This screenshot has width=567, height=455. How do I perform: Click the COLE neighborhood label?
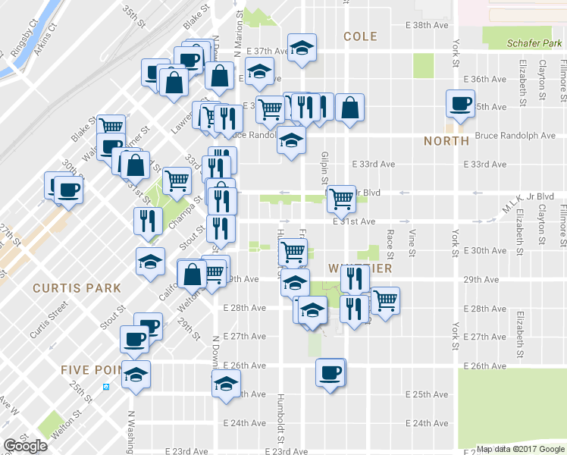(360, 36)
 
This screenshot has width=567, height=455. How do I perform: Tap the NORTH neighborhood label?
(446, 141)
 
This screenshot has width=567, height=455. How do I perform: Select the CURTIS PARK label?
(77, 288)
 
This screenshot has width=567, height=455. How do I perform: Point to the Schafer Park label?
(534, 43)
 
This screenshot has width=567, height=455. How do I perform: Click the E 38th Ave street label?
(428, 25)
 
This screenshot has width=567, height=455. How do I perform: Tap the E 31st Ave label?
(354, 221)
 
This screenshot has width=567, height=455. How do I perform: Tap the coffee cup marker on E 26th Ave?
(330, 372)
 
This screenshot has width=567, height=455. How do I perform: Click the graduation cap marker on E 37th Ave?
(302, 48)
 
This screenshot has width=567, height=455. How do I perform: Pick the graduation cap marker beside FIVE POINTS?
(136, 375)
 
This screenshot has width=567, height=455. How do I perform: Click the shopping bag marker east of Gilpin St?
(349, 108)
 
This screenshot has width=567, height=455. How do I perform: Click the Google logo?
(25, 446)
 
